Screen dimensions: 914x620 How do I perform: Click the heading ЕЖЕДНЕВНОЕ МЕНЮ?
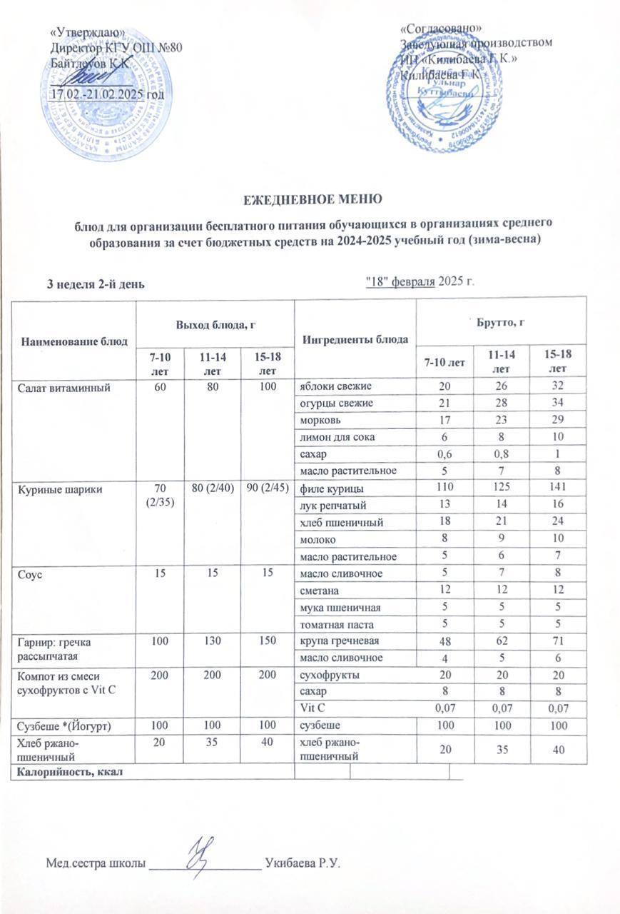click(x=309, y=197)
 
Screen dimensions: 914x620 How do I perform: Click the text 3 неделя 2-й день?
click(x=96, y=283)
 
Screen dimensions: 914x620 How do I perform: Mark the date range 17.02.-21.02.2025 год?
click(x=108, y=94)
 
